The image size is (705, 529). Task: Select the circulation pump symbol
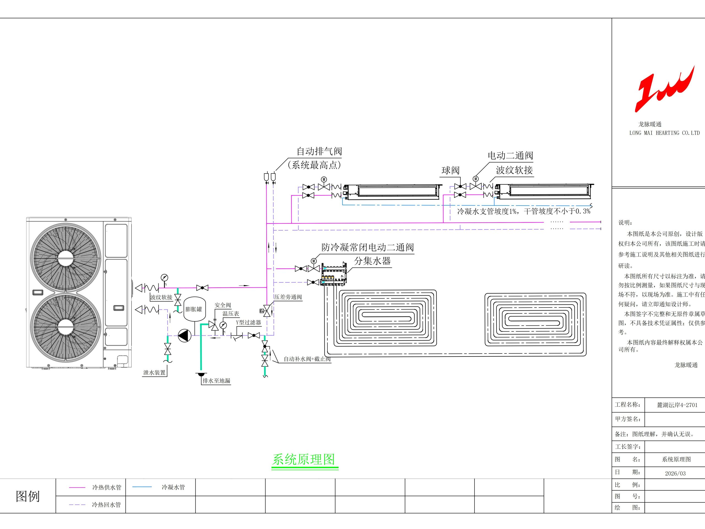point(185,336)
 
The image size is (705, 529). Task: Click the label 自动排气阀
point(319,151)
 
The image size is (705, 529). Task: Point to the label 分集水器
point(373,261)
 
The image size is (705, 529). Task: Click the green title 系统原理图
point(303,460)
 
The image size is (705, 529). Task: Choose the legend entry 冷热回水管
point(107,505)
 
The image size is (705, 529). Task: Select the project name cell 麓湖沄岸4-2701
point(677,405)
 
